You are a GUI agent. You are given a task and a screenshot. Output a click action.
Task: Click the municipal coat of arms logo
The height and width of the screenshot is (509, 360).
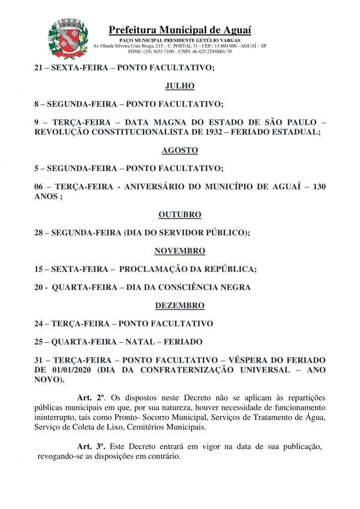coord(68,38)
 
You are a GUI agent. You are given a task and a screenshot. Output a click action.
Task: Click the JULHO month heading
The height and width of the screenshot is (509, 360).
coord(180,86)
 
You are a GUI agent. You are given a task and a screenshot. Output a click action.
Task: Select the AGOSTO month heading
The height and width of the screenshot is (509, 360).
coord(180,150)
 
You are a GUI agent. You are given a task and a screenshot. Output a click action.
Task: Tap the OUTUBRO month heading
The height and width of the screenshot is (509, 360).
coord(180,215)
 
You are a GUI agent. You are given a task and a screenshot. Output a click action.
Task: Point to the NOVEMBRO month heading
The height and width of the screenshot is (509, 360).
coord(180,251)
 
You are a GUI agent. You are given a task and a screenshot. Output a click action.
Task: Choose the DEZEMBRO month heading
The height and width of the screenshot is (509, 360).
coord(180,305)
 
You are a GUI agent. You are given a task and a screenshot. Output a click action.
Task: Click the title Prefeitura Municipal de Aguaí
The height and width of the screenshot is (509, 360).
coord(180,30)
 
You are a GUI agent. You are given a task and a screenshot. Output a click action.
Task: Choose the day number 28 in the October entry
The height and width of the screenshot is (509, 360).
coord(38,233)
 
